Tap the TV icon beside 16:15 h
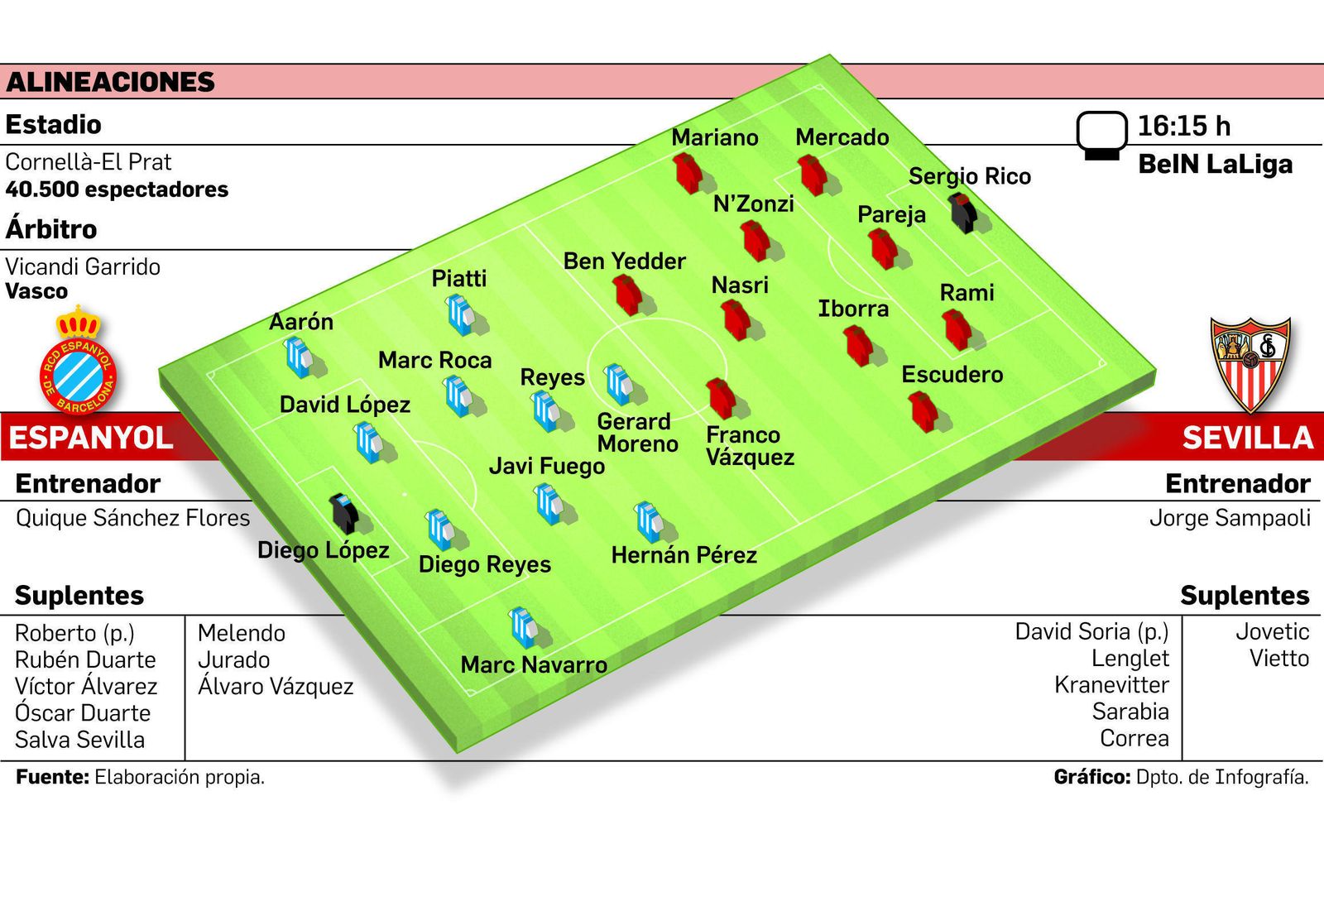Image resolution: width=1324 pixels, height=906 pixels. click(x=1101, y=135)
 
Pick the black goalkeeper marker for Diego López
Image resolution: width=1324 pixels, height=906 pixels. click(x=343, y=513)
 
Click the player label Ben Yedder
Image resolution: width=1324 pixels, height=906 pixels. click(x=624, y=261)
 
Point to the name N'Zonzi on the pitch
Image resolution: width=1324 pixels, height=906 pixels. click(x=753, y=204)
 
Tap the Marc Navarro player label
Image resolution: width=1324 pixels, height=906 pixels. click(x=534, y=664)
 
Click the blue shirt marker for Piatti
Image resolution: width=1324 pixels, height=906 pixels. click(x=460, y=314)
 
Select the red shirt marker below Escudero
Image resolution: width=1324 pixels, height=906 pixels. click(x=923, y=410)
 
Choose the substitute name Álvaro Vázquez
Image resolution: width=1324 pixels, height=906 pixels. click(x=276, y=687)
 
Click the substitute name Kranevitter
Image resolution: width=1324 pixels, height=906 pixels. click(x=1111, y=685)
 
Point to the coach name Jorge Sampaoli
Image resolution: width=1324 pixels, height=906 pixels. click(x=1230, y=518)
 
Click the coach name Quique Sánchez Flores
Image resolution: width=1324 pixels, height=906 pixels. click(x=132, y=518)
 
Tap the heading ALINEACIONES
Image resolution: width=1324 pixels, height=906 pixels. click(x=110, y=82)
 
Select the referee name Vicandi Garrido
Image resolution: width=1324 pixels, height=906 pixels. click(x=83, y=266)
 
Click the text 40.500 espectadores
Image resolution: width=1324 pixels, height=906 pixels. click(x=117, y=189)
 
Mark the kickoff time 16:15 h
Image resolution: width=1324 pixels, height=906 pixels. click(x=1183, y=126)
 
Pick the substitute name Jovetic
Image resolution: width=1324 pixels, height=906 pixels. click(x=1272, y=632)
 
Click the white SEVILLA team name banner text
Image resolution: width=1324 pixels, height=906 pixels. click(x=1247, y=438)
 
